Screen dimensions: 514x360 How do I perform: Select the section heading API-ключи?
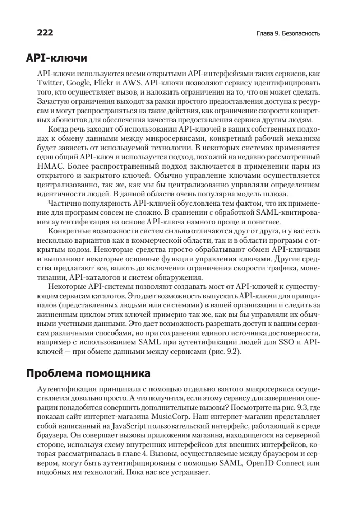[x=57, y=58]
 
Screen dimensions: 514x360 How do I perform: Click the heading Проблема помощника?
[x=88, y=373]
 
